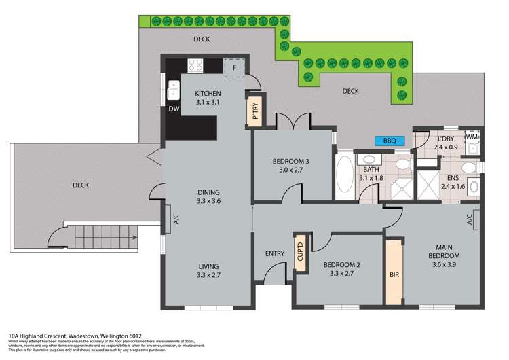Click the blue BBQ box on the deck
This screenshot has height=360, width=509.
pos(390,141)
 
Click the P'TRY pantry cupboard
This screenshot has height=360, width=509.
pos(255,113)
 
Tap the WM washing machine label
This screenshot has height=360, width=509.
pos(472,138)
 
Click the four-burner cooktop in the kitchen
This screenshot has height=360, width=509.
pos(196,66)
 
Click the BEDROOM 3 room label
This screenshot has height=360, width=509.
pos(291,161)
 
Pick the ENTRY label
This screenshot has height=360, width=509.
pos(275,254)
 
